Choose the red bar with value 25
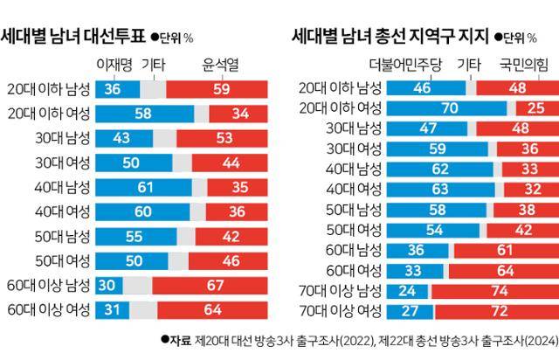click(536, 107)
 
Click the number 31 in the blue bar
click(112, 309)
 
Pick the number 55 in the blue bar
click(135, 236)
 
